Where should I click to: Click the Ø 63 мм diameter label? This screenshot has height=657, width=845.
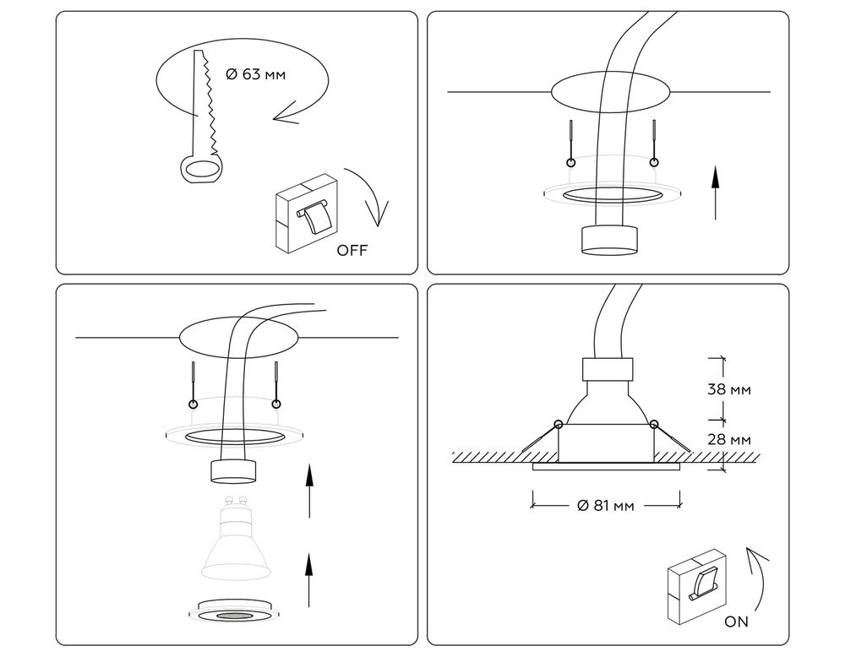256,74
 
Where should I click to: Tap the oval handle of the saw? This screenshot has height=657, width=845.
200,168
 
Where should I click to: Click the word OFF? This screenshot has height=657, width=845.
352,250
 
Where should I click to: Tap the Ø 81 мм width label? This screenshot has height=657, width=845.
606,506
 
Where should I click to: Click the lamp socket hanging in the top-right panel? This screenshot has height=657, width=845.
608,238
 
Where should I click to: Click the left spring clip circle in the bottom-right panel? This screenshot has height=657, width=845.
557,423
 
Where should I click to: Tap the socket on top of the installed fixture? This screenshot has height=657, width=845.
608,369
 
